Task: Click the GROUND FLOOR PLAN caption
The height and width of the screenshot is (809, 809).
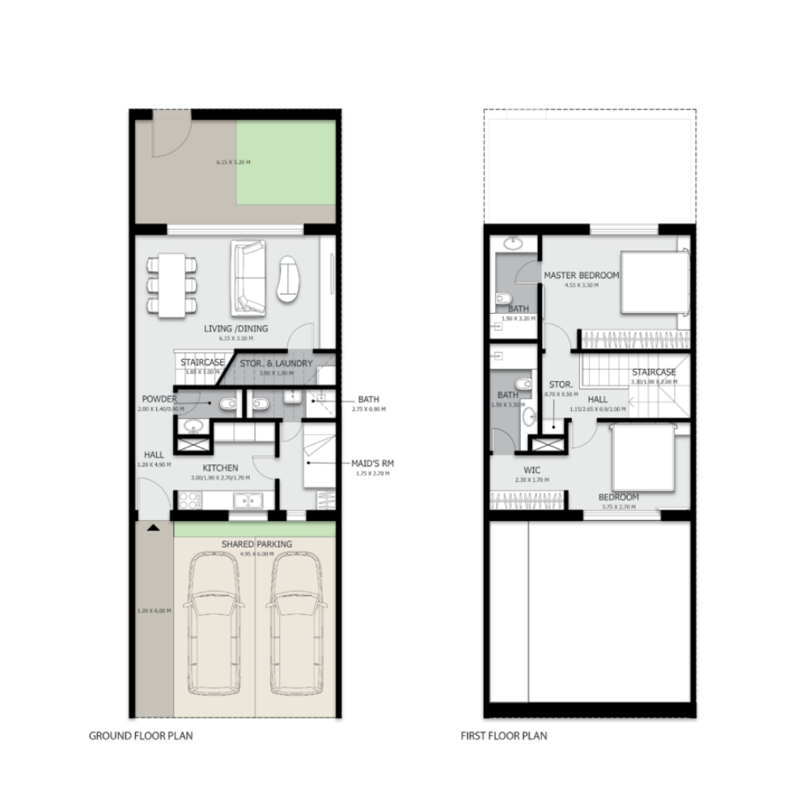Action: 140,736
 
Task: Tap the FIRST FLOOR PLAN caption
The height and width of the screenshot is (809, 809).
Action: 503,736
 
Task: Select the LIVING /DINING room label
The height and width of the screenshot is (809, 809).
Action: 235,328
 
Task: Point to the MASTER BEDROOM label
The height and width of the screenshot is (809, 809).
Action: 581,275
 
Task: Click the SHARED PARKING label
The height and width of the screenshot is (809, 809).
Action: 256,544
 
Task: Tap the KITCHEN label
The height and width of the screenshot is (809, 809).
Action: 220,468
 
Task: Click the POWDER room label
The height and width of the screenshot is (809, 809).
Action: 159,399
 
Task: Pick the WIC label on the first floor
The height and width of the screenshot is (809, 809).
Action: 532,470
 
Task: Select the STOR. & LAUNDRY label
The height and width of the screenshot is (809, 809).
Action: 275,363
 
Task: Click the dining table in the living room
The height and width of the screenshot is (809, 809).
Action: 172,284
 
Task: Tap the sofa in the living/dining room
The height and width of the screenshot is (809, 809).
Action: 248,277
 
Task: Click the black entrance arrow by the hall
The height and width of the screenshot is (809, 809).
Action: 153,527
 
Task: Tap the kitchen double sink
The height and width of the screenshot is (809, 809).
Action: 248,502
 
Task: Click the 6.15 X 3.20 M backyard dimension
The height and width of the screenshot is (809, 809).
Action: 233,162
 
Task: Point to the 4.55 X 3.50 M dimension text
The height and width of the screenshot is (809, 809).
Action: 581,286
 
